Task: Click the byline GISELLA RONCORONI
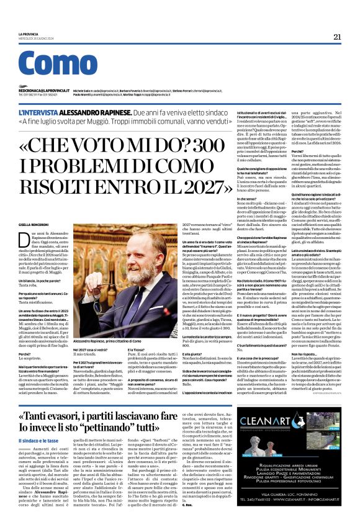34,223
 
